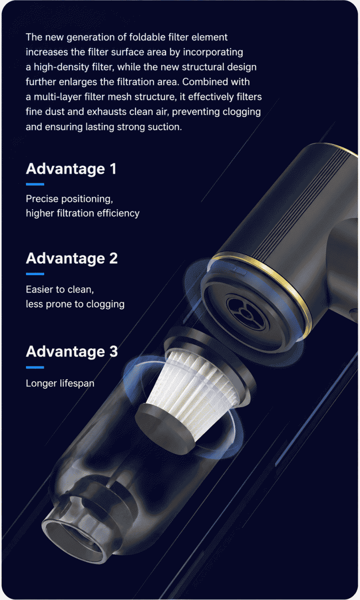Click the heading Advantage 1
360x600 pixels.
pyautogui.click(x=71, y=169)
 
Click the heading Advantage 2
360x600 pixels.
pyautogui.click(x=72, y=258)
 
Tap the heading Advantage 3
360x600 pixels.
pyautogui.click(x=72, y=351)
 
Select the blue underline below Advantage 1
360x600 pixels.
pyautogui.click(x=35, y=185)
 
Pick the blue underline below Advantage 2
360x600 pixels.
pyautogui.click(x=35, y=274)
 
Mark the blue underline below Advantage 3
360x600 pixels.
pyautogui.click(x=35, y=368)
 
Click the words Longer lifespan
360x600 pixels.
pyautogui.click(x=60, y=383)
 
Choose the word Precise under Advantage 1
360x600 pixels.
pyautogui.click(x=42, y=199)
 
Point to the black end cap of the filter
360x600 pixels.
pyautogui.click(x=165, y=429)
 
